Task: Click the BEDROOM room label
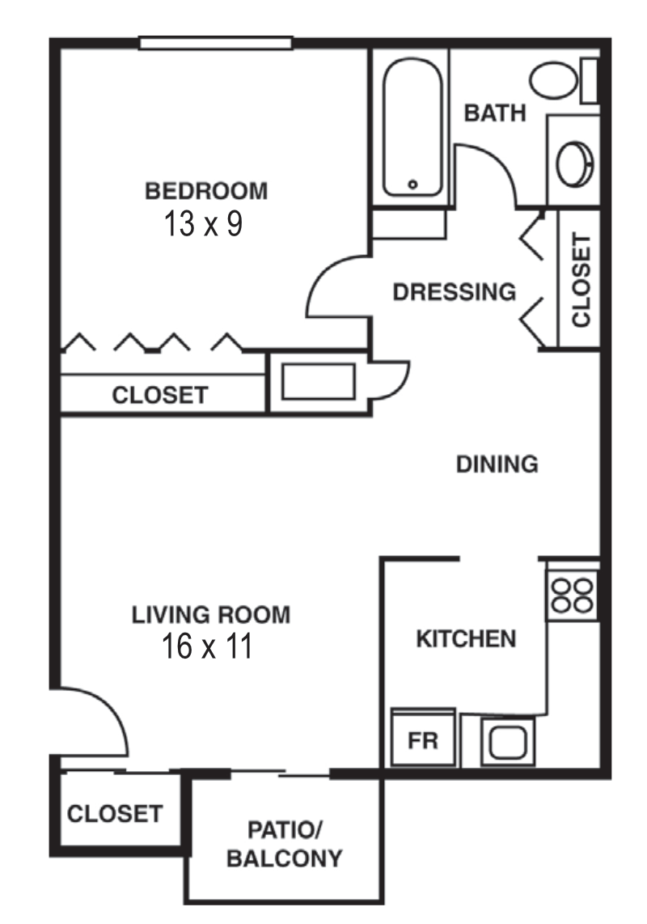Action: (205, 192)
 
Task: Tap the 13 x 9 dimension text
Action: (203, 223)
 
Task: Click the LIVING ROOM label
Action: (210, 615)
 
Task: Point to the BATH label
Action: (494, 113)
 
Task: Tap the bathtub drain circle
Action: (412, 184)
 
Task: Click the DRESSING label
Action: (454, 291)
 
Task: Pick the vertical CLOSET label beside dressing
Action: (581, 280)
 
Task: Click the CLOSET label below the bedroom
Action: (159, 396)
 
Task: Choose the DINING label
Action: (497, 464)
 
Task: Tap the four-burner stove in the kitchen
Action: (573, 594)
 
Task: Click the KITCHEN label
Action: (465, 639)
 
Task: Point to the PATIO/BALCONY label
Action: (284, 844)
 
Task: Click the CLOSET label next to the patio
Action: (114, 813)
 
